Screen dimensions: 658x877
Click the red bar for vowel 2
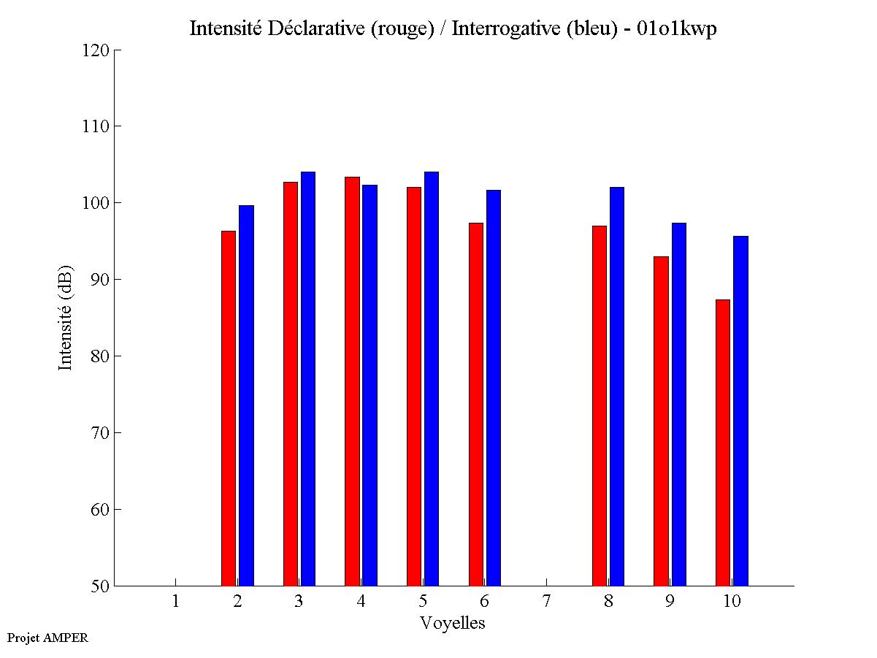tap(229, 408)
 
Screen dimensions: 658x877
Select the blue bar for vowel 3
tap(308, 379)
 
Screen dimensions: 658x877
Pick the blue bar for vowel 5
tap(432, 379)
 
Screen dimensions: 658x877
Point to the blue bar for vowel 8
tap(617, 386)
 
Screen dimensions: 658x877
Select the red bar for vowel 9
tap(662, 421)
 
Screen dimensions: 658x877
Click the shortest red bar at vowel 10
tap(723, 443)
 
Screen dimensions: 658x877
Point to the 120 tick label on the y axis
tap(96, 50)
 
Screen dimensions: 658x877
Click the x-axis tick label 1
tap(175, 601)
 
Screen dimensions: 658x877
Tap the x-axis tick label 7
tap(546, 601)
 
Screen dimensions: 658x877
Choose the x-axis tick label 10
tap(732, 601)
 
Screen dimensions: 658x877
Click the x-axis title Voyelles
tap(453, 623)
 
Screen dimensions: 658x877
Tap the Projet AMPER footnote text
tap(47, 638)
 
